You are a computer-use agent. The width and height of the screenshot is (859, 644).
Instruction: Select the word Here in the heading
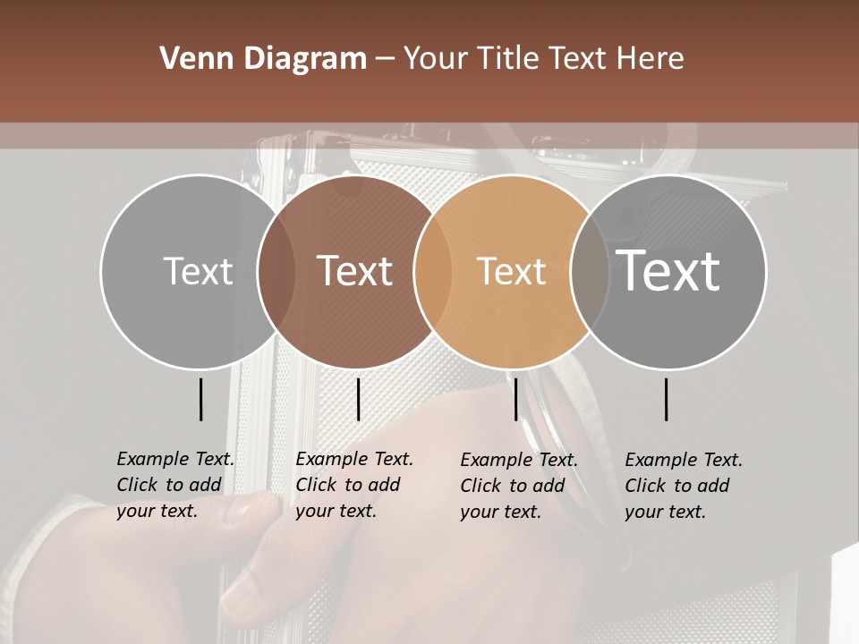(x=651, y=59)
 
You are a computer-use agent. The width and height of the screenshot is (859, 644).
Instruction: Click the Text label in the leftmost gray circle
(x=198, y=271)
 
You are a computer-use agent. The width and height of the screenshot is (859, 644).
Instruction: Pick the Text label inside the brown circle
(x=355, y=271)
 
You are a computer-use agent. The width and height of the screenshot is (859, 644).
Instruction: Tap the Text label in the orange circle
(x=511, y=271)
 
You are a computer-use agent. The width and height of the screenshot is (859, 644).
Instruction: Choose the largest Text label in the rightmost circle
(x=668, y=271)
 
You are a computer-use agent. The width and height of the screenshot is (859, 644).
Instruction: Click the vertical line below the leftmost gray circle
(x=201, y=399)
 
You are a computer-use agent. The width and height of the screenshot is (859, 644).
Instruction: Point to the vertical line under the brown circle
(x=359, y=399)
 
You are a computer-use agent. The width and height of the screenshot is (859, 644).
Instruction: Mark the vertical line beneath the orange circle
(x=516, y=399)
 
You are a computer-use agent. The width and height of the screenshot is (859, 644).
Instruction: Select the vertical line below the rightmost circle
(x=667, y=399)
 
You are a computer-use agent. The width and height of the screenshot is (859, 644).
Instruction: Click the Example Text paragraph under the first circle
(x=175, y=485)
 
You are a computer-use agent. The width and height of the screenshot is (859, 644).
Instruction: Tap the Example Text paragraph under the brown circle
(x=354, y=485)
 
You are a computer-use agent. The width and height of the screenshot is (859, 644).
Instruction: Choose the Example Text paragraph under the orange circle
(x=519, y=486)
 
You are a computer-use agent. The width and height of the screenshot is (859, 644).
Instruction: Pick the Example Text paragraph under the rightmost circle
(x=684, y=486)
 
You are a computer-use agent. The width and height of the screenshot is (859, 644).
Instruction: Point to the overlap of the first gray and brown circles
(x=276, y=271)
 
